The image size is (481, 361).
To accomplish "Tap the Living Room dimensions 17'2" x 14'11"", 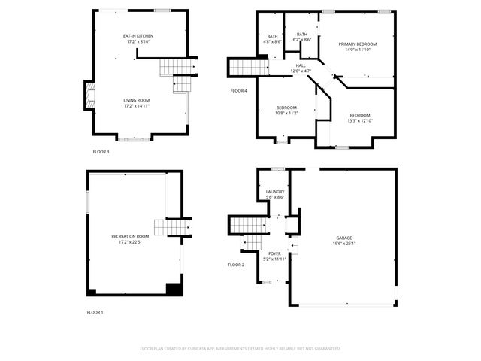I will (x=137, y=106).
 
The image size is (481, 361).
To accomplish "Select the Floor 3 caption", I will (x=101, y=152).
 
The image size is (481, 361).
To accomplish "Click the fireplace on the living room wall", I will (x=89, y=95).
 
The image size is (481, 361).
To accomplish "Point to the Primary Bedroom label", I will (x=357, y=44).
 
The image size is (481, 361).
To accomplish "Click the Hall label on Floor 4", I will (x=301, y=66).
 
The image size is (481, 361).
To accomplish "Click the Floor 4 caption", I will (x=238, y=91).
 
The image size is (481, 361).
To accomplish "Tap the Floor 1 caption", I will (x=95, y=311).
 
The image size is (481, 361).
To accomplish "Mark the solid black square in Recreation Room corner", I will (x=174, y=289).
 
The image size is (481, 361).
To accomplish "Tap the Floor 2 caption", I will (x=236, y=265).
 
